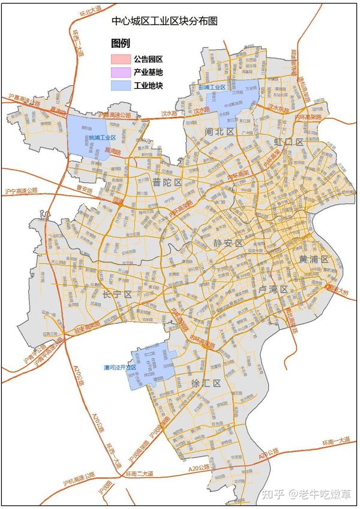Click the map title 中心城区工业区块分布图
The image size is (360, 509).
(164, 20)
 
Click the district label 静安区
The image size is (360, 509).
(227, 243)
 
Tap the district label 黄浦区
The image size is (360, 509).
(314, 259)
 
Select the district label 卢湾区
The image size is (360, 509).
(273, 290)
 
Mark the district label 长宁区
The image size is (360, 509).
(116, 294)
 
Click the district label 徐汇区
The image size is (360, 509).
(206, 382)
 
